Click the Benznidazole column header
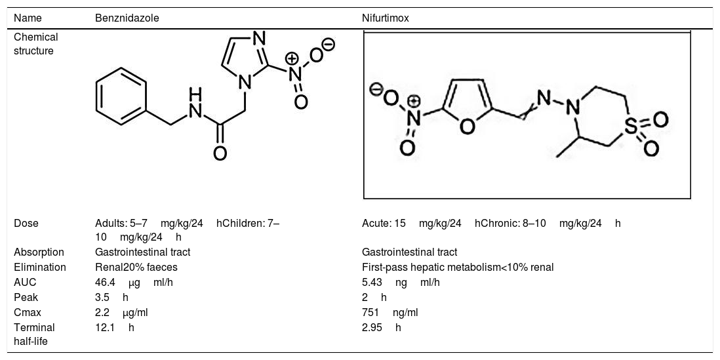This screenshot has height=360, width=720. coord(127,18)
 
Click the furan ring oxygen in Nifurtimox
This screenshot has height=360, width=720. coord(468,129)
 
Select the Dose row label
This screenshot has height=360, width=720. coord(26,223)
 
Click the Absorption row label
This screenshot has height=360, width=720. coord(39,252)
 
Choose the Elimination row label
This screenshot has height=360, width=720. coord(39,267)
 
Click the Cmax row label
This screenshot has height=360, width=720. coord(26,312)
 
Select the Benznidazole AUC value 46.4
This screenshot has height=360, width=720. coord(105,282)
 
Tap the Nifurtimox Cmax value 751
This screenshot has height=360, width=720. coord(370,312)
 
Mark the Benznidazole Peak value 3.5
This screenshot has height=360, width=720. coord(102,297)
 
